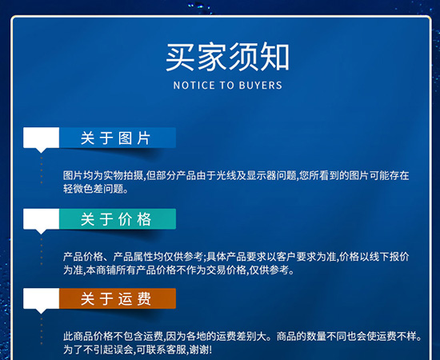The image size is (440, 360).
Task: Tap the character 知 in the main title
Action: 274,57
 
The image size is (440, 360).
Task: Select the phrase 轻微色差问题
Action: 90,190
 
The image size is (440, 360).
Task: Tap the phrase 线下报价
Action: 390,257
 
